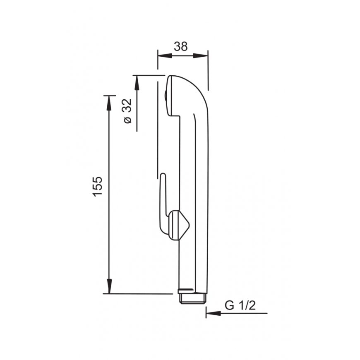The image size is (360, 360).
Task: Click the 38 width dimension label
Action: point(181,47)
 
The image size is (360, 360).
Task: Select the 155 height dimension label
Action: point(97,186)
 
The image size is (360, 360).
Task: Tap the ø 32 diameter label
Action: point(128,111)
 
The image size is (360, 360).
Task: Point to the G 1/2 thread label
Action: point(240,306)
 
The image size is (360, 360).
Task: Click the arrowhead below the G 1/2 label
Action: point(213,313)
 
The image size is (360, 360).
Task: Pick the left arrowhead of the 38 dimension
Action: point(165,55)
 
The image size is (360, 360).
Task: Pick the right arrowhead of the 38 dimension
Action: point(200,55)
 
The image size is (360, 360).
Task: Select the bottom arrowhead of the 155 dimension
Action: point(109,286)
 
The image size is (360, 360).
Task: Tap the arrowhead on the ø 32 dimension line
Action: point(137,82)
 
